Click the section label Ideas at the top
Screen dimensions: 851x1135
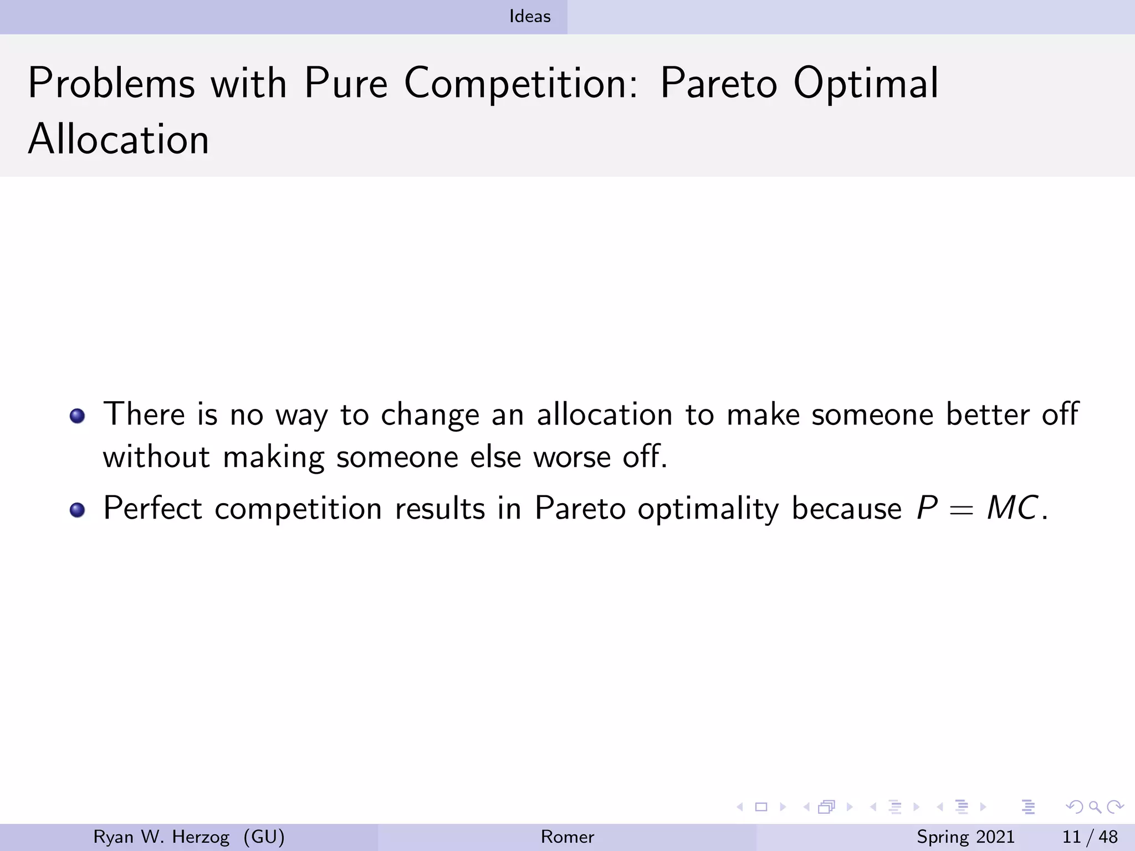[x=530, y=17]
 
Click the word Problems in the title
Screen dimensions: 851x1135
[x=111, y=84]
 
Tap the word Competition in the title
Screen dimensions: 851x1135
[x=521, y=84]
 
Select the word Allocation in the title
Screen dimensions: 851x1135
[x=119, y=139]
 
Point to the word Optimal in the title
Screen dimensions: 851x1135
[x=866, y=84]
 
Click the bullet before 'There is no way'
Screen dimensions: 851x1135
[x=78, y=416]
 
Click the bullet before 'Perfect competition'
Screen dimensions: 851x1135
[x=78, y=509]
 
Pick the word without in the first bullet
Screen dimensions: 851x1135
[x=156, y=457]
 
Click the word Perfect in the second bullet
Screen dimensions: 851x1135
[x=152, y=508]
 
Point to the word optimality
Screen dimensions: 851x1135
[x=708, y=508]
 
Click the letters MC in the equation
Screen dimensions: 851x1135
[x=1013, y=507]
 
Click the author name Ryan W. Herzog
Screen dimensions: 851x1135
[x=161, y=837]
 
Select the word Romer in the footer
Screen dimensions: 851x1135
[x=567, y=837]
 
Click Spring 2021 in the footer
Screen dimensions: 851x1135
[x=965, y=837]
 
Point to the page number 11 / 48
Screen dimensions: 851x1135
[x=1090, y=837]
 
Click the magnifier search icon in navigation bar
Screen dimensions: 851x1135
[x=1095, y=807]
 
